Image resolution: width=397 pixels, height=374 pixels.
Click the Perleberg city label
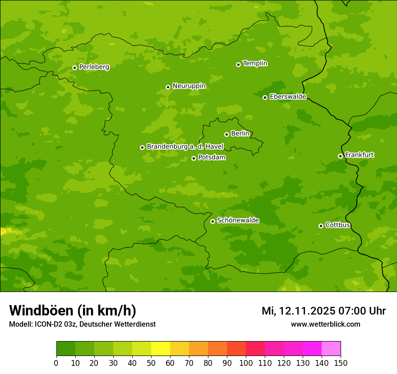94,67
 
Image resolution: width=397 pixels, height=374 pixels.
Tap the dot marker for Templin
238,64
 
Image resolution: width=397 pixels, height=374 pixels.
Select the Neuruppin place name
189,86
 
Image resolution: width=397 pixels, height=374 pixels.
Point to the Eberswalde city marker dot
265,97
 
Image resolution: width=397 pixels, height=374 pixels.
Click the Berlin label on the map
240,134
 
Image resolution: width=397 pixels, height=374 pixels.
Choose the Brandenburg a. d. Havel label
185,147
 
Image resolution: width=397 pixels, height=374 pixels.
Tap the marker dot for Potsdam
194,158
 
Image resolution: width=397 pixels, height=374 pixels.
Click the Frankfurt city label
359,155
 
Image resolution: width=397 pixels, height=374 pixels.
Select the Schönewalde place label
238,220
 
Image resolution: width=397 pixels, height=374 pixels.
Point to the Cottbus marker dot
321,226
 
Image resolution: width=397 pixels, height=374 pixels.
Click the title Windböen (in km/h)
73,311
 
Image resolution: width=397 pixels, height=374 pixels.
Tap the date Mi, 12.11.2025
298,311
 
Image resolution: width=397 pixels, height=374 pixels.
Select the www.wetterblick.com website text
325,324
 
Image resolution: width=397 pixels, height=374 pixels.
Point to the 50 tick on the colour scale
151,363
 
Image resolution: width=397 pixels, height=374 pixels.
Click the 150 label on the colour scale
341,363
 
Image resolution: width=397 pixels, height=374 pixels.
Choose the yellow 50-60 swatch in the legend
161,348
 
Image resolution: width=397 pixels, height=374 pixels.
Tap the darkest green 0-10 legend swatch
66,348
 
